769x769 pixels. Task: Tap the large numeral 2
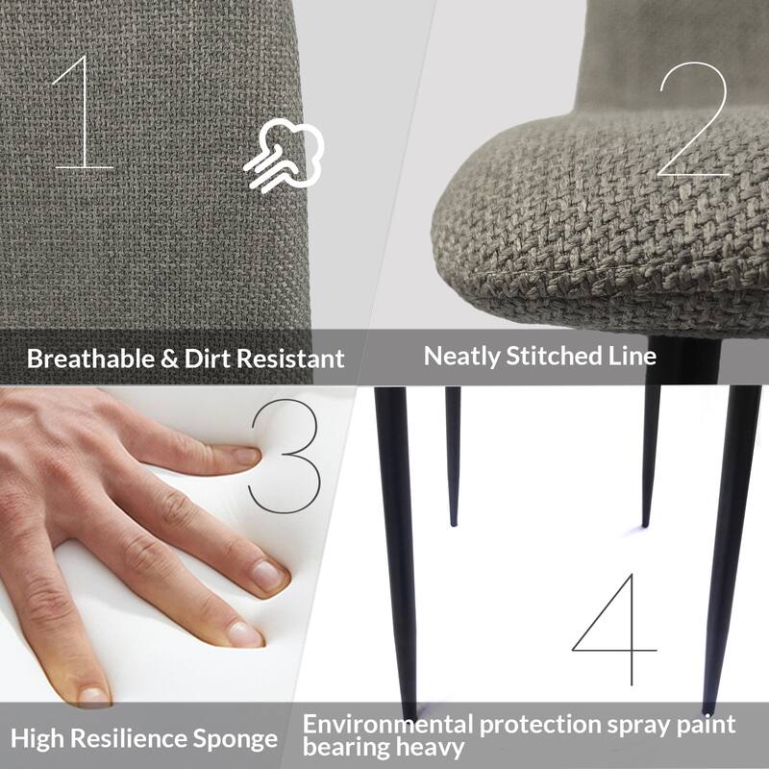pyautogui.click(x=693, y=120)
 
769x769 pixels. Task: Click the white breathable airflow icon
pyautogui.click(x=284, y=155)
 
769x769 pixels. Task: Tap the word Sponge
pyautogui.click(x=236, y=739)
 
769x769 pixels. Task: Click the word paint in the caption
pyautogui.click(x=707, y=724)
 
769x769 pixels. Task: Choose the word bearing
pyautogui.click(x=343, y=747)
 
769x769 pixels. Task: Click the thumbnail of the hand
pyautogui.click(x=92, y=694)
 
